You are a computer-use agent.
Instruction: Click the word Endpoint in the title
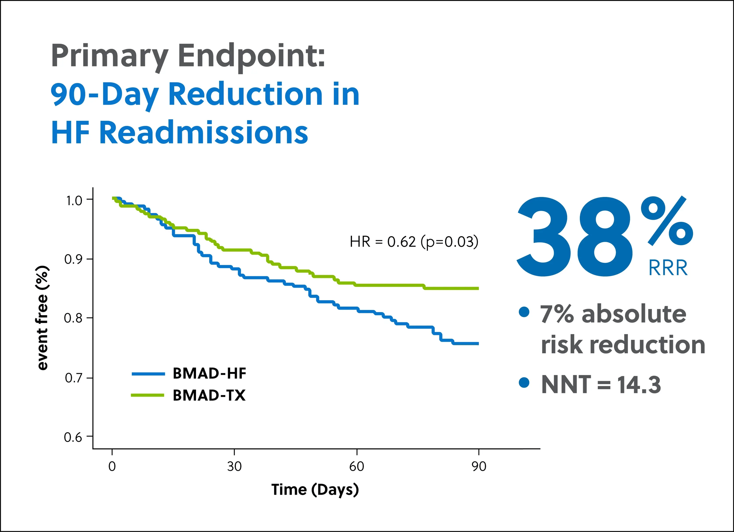[x=251, y=56]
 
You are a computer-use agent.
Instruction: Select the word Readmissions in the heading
[x=204, y=133]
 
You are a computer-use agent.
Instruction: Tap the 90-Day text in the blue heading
[x=104, y=94]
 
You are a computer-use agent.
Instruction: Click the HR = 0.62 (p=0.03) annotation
[x=414, y=242]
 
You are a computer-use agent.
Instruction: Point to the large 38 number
[x=574, y=237]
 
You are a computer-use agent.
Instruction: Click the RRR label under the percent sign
[x=668, y=268]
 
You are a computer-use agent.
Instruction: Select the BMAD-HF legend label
[x=210, y=374]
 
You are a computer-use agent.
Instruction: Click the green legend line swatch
[x=148, y=395]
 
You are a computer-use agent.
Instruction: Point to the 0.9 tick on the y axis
[x=73, y=259]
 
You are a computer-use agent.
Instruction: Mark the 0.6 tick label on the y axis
[x=73, y=437]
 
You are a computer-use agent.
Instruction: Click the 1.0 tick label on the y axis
[x=74, y=201]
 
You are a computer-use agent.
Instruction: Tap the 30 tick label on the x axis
[x=234, y=466]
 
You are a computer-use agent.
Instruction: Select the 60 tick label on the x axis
[x=356, y=466]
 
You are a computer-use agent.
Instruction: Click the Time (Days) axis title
[x=315, y=490]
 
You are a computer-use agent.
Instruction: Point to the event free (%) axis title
[x=42, y=318]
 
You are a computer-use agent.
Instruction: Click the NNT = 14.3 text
[x=601, y=385]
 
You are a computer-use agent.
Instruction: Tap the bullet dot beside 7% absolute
[x=524, y=312]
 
